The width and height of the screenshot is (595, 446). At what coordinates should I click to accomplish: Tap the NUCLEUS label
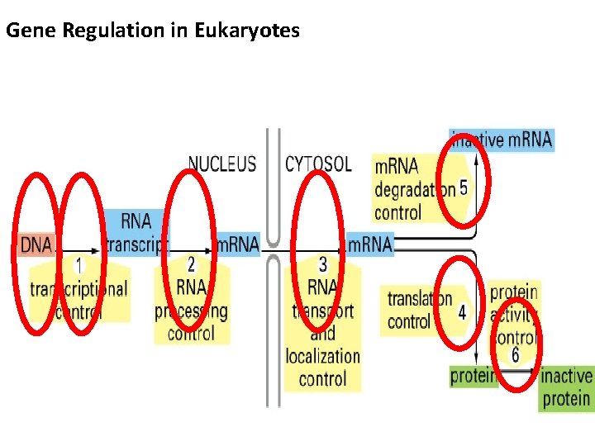click(x=222, y=164)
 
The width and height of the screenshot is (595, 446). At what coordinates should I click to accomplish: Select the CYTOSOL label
click(x=318, y=164)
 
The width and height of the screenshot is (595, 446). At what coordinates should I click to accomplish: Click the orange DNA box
click(x=36, y=244)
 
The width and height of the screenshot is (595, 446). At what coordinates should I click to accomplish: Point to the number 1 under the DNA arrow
click(x=79, y=266)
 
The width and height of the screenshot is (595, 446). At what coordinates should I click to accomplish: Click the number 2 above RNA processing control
click(x=191, y=264)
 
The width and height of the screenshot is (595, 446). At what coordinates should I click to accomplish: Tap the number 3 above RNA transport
click(x=322, y=264)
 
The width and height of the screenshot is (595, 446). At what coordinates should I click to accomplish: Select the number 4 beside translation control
click(x=462, y=312)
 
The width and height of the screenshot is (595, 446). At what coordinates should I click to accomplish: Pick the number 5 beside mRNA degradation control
click(x=464, y=188)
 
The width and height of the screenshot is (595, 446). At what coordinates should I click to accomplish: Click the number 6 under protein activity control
click(x=515, y=355)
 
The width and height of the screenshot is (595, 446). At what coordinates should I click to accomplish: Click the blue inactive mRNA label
click(x=502, y=140)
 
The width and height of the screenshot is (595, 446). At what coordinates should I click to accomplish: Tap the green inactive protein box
click(x=566, y=388)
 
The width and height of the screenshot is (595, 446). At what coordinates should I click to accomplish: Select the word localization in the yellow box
click(x=322, y=357)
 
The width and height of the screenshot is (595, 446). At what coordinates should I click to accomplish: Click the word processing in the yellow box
click(x=191, y=311)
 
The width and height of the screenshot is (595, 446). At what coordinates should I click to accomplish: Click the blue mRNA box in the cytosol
click(x=369, y=244)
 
